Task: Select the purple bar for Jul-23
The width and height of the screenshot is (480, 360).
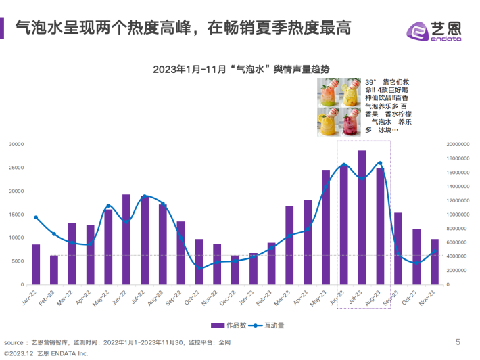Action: pyautogui.click(x=362, y=217)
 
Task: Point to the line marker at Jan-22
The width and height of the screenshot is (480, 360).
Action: pyautogui.click(x=36, y=217)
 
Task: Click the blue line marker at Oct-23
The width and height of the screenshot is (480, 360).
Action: pyautogui.click(x=416, y=263)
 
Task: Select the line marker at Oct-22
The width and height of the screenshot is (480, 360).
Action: pyautogui.click(x=199, y=269)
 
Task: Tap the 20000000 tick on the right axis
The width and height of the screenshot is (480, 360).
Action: pyautogui.click(x=458, y=144)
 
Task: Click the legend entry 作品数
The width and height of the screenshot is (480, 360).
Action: pyautogui.click(x=229, y=325)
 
